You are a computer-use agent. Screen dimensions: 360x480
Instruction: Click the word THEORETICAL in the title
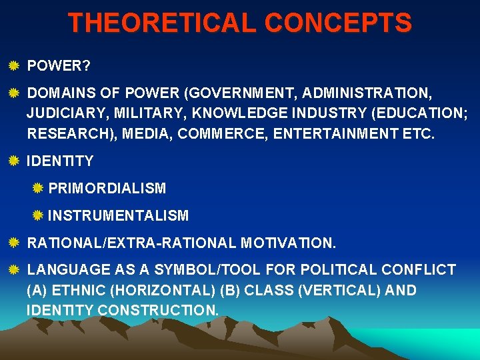[x=162, y=23]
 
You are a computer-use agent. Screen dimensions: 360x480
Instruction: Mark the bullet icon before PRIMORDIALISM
[x=38, y=188]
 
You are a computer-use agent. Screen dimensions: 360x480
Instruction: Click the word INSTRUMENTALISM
[x=119, y=215]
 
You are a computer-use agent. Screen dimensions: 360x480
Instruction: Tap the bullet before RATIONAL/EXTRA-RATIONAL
[x=13, y=243]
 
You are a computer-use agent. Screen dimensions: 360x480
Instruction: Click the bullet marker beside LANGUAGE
[x=13, y=269]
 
